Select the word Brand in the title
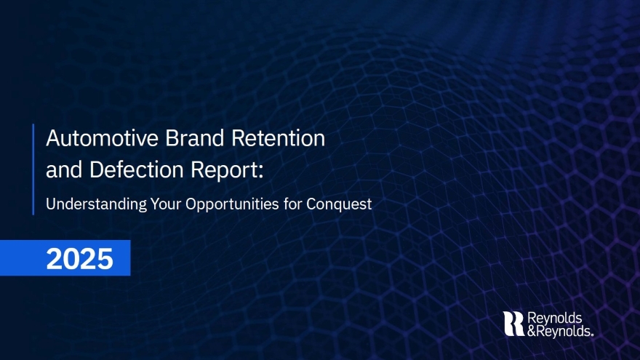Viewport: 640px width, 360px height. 195,138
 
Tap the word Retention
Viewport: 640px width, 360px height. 279,138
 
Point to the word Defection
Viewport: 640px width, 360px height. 136,169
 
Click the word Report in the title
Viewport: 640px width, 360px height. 225,169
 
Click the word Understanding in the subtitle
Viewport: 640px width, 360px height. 96,204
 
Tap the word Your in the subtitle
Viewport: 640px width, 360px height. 166,203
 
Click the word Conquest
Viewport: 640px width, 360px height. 339,204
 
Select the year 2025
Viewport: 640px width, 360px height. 79,258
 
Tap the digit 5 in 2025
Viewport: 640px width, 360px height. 105,258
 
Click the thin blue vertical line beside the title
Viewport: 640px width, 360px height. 33,169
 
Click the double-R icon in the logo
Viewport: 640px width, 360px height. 513,324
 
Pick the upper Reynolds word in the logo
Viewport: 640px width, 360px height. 555,319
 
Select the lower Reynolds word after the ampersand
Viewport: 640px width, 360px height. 563,332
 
